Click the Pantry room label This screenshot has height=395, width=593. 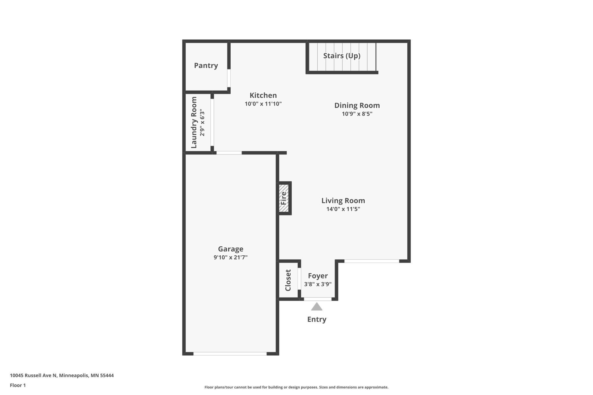(x=206, y=66)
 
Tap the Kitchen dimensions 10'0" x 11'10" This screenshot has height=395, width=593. (x=263, y=104)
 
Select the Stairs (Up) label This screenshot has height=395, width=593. (x=342, y=56)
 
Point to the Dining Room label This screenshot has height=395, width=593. (x=357, y=105)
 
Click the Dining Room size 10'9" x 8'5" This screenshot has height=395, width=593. (x=357, y=114)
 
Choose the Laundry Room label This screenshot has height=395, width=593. (x=194, y=123)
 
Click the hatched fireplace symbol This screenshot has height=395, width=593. (x=284, y=198)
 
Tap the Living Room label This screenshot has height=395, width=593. (x=343, y=201)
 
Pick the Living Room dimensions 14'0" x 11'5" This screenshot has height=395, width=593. (x=343, y=209)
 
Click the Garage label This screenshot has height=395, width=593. (x=230, y=249)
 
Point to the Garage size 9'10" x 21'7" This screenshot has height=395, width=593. (x=230, y=257)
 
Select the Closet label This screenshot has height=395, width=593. (x=288, y=280)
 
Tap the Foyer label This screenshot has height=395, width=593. (x=318, y=276)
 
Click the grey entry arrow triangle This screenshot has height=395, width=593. (x=316, y=307)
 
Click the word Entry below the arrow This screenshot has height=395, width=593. (x=316, y=319)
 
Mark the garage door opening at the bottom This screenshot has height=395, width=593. (x=230, y=354)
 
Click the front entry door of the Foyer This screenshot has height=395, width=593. (x=318, y=299)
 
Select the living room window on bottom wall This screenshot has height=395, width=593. (x=371, y=261)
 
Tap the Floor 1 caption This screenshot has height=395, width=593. (x=18, y=385)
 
